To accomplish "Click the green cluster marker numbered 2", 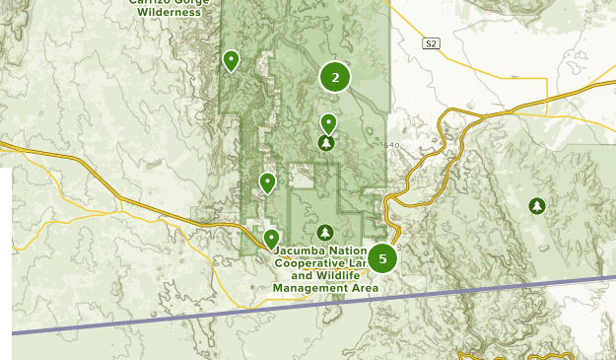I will click(x=335, y=77).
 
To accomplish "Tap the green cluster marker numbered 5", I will click(x=381, y=258).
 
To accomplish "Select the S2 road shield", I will click(x=431, y=43).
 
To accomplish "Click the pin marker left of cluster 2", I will click(x=231, y=61).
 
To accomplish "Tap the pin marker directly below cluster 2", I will click(x=328, y=123).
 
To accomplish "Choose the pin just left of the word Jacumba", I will click(x=271, y=239).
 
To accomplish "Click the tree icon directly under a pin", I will click(x=326, y=143).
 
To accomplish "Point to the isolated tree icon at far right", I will click(x=537, y=206).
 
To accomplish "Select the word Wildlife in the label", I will click(x=334, y=276).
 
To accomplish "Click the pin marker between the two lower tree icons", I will click(x=266, y=182).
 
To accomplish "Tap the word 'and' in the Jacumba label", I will click(x=301, y=276).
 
